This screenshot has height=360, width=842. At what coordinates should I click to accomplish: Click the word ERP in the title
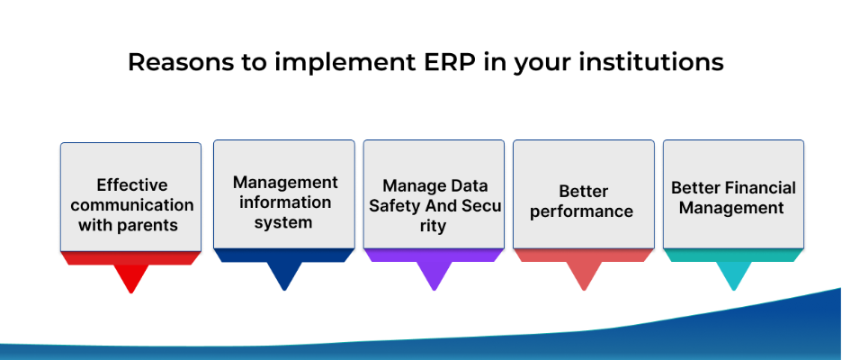pyautogui.click(x=445, y=62)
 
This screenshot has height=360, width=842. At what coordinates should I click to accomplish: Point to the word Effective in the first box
pyautogui.click(x=132, y=185)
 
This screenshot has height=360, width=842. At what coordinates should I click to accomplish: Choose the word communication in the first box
pyautogui.click(x=132, y=205)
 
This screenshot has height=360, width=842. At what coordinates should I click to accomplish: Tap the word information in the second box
pyautogui.click(x=285, y=202)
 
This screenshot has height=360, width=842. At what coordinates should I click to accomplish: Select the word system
pyautogui.click(x=283, y=223)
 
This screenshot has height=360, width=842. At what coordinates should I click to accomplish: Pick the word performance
pyautogui.click(x=581, y=211)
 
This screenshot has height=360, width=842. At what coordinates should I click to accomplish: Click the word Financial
pyautogui.click(x=760, y=187)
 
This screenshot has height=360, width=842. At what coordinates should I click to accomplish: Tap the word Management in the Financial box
pyautogui.click(x=731, y=207)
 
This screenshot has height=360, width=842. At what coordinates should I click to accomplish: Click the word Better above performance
pyautogui.click(x=583, y=192)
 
